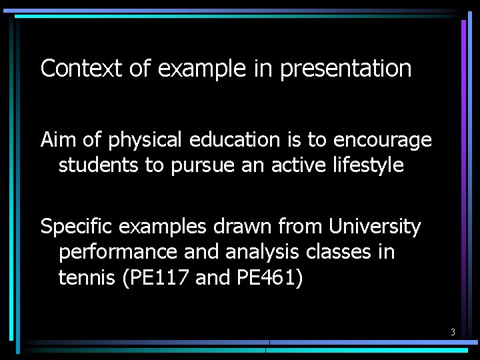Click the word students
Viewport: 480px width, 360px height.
click(99, 165)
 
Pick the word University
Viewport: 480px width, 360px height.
click(375, 227)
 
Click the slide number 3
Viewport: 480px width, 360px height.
click(453, 332)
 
